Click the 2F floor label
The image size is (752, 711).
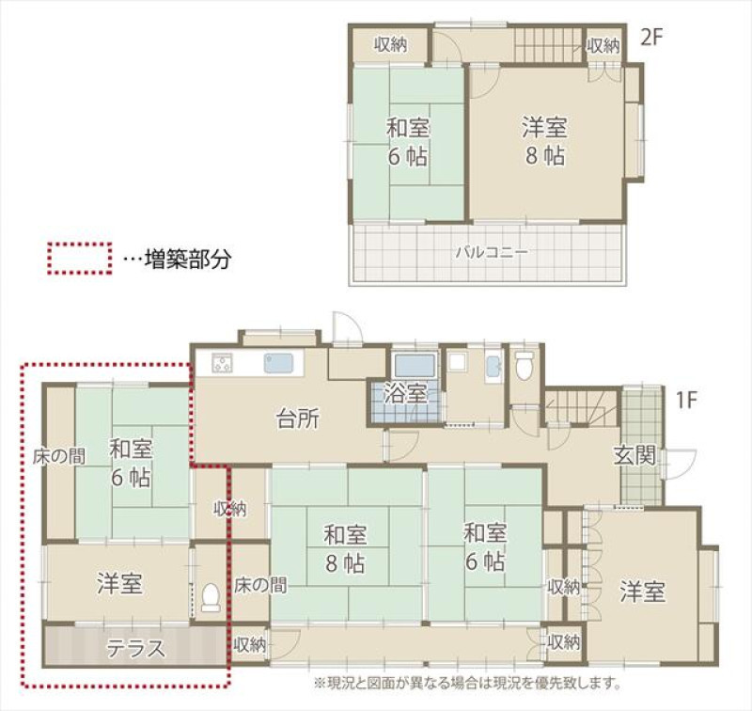(x=651, y=38)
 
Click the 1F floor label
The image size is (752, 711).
(x=686, y=401)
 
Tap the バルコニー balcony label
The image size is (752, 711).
(x=492, y=252)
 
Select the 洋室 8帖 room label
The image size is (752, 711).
(x=545, y=141)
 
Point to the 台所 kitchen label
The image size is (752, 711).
(x=298, y=419)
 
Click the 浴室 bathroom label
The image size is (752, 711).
(x=405, y=394)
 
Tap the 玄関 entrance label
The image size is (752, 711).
(x=634, y=456)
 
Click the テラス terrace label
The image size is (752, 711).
(x=135, y=649)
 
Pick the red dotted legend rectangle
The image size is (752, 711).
(x=80, y=258)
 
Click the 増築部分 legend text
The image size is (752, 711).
(x=188, y=259)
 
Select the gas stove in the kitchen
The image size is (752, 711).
(x=222, y=362)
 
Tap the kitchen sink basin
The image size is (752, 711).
(x=277, y=363)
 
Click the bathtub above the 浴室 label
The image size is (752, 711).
(x=415, y=366)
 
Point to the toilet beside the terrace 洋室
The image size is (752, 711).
(x=211, y=597)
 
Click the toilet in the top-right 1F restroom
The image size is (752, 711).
(x=524, y=366)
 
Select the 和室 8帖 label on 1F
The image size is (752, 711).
(x=345, y=549)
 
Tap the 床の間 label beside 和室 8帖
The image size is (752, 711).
(x=260, y=585)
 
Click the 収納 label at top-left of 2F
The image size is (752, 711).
(x=391, y=45)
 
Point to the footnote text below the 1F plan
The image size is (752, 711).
(x=467, y=682)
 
